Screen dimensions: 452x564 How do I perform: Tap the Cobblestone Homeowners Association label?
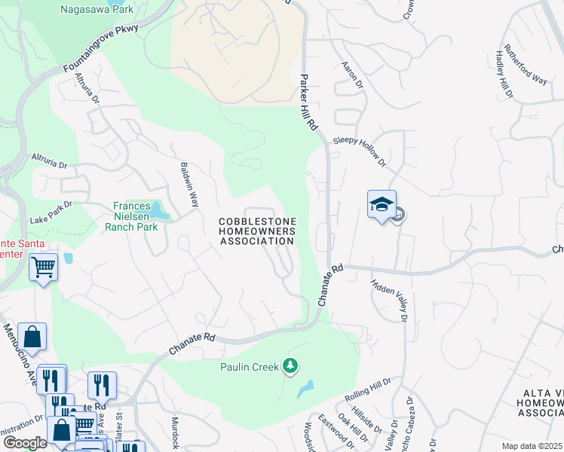point(256,231)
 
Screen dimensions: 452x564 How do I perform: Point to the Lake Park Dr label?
point(51,212)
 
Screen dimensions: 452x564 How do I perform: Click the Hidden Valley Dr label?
point(388,301)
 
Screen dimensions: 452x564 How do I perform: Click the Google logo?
point(25,443)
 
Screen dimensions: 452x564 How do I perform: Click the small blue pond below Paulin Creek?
point(305,389)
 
